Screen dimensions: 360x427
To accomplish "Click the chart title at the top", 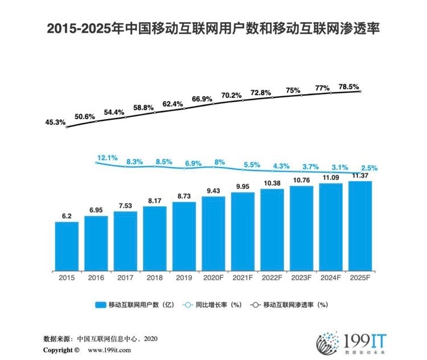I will point(213,27).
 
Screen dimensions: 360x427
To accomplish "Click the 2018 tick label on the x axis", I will point(154,279).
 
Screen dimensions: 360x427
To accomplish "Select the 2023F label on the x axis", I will point(301,279).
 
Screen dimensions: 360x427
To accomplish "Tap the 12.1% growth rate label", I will point(107,157).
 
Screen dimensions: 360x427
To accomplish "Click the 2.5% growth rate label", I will point(368,169).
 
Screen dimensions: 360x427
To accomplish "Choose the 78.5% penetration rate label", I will point(348,87).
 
